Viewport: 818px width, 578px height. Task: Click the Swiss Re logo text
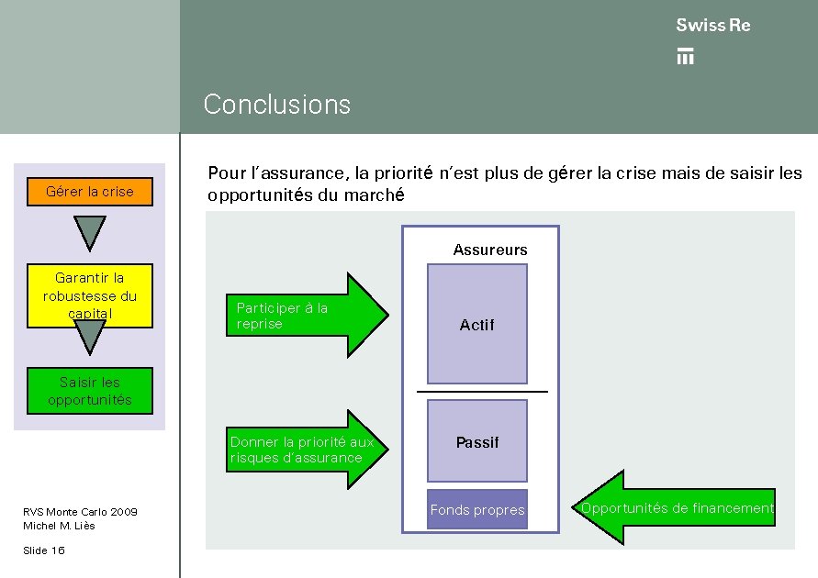(712, 26)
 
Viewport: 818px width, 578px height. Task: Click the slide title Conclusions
(276, 105)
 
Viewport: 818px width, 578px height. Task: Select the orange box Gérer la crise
(90, 192)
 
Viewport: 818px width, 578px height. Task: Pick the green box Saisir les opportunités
(90, 391)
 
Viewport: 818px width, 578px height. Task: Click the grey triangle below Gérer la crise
(90, 232)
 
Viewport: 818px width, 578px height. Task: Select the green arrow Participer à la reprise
(308, 315)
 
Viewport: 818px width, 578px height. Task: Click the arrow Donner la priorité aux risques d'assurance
(308, 450)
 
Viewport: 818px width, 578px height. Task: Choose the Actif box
(477, 324)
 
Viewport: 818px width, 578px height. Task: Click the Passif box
(477, 441)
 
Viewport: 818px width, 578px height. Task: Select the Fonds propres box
(477, 510)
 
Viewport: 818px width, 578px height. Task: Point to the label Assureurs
(490, 250)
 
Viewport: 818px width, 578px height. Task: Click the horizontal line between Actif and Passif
(482, 392)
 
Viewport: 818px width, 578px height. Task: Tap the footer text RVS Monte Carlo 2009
(80, 511)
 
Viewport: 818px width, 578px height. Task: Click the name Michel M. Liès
(59, 526)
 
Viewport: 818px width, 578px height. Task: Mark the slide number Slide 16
(44, 550)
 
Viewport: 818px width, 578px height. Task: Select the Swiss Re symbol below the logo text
(685, 56)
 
